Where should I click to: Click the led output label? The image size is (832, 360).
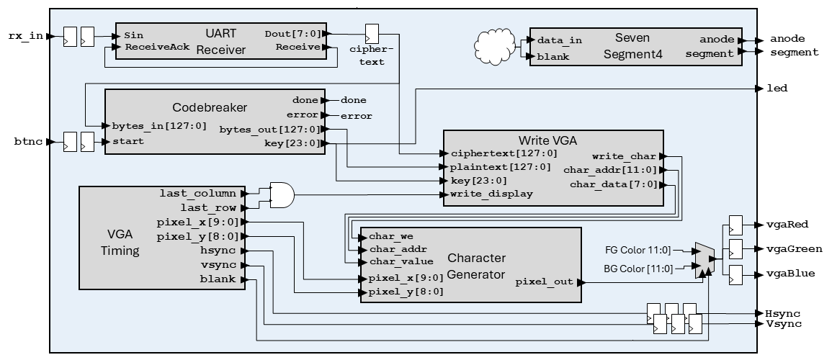point(777,89)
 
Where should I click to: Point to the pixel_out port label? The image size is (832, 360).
point(545,282)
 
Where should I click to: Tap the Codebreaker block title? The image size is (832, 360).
point(210,108)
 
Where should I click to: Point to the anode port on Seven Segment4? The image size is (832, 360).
point(717,40)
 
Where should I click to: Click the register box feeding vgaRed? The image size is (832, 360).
point(735,225)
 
